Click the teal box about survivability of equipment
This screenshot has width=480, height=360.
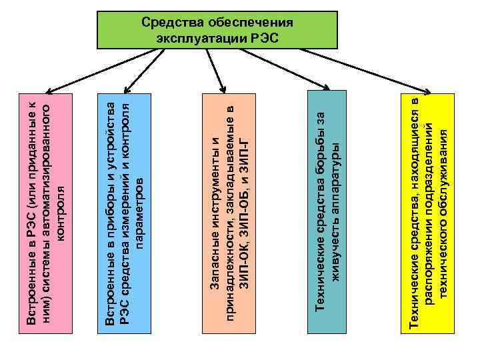point(327,213)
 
